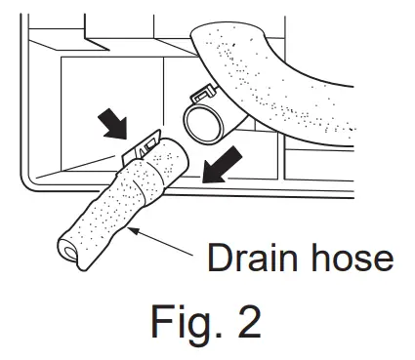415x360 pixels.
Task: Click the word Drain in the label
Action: point(248,259)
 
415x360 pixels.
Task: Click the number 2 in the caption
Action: point(247,324)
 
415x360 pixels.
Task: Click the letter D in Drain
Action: point(218,259)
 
